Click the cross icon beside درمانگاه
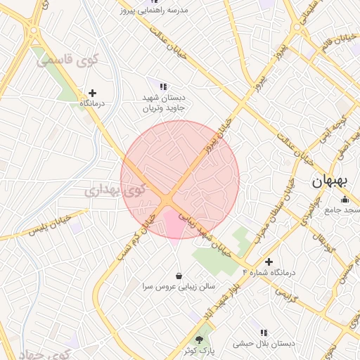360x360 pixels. (x=92, y=92)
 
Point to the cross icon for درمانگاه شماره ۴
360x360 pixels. (x=269, y=262)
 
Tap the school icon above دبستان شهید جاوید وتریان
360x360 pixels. (x=163, y=86)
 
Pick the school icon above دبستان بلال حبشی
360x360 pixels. (x=264, y=332)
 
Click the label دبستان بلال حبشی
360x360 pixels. (x=264, y=343)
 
